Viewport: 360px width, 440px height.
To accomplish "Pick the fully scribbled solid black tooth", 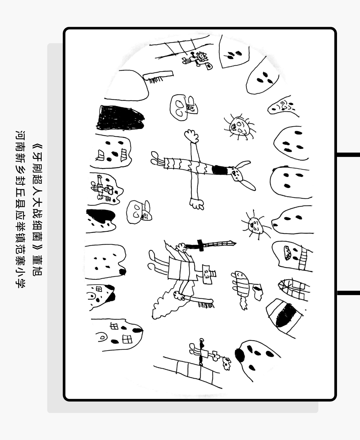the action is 120,118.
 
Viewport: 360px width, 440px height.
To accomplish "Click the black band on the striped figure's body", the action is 220,170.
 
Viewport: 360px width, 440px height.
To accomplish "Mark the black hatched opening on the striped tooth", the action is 286,315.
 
